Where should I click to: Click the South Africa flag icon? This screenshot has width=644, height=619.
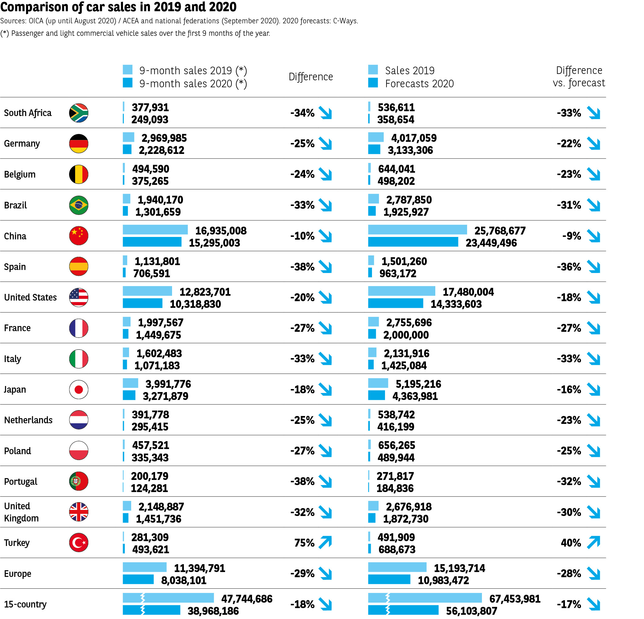78,113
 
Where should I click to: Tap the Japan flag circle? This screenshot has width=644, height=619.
78,389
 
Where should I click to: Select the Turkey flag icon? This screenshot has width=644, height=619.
78,542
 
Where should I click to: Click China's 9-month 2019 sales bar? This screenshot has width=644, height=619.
155,229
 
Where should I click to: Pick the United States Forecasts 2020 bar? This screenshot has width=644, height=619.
395,303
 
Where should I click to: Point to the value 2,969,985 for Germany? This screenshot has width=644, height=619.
164,138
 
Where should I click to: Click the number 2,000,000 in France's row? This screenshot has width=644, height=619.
406,335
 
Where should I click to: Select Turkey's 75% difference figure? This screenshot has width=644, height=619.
304,543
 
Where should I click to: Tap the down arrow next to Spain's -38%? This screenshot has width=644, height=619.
325,267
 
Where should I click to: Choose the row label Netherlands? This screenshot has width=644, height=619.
28,420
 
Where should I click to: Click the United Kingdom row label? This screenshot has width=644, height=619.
21,512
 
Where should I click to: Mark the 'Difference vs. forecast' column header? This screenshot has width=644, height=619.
579,76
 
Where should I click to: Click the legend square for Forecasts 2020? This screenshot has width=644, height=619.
373,83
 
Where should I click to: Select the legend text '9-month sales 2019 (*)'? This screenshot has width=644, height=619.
193,70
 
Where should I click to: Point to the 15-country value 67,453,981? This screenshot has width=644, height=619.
515,598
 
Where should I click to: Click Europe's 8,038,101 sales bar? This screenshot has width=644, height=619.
138,579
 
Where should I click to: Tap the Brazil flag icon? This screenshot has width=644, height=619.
78,205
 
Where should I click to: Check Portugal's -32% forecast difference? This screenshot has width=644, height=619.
569,481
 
